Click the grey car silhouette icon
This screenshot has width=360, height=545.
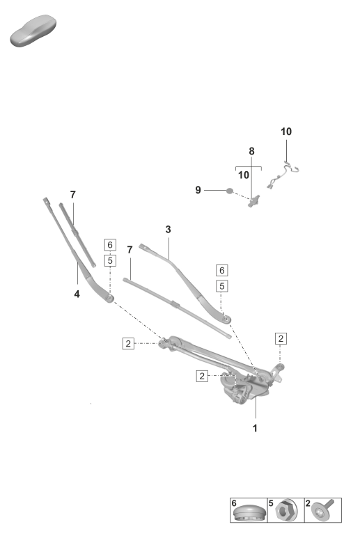[33, 31]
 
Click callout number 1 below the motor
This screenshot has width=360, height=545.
[255, 428]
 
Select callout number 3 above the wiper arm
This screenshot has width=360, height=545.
[169, 230]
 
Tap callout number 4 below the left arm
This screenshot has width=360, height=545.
[77, 294]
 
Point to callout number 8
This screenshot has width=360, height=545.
[252, 151]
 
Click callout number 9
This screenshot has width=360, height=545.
[198, 190]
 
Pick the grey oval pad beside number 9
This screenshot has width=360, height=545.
[230, 191]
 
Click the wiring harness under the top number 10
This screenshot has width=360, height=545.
[283, 175]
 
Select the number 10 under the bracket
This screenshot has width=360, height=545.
[244, 175]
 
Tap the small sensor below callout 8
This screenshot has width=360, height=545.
[254, 201]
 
